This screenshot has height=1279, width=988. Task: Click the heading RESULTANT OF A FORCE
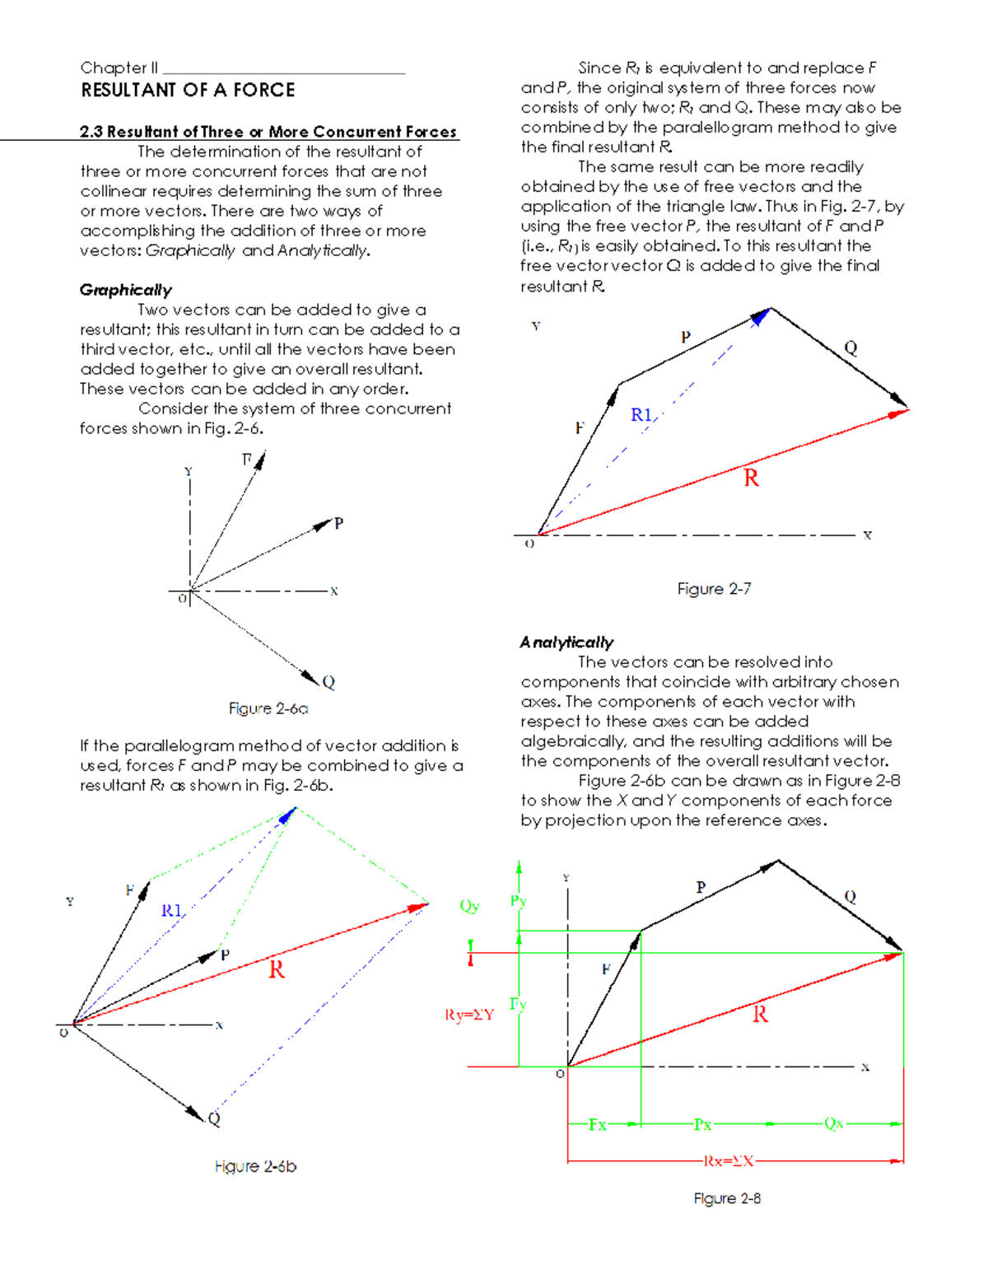pyautogui.click(x=188, y=90)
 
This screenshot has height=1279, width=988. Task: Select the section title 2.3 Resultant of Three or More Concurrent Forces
pyautogui.click(x=268, y=132)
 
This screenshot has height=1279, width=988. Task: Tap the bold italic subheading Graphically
pyautogui.click(x=126, y=290)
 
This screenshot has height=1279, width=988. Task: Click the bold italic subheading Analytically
pyautogui.click(x=566, y=642)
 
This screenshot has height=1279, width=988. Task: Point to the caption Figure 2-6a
pyautogui.click(x=268, y=708)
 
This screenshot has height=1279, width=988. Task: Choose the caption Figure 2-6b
pyautogui.click(x=255, y=1166)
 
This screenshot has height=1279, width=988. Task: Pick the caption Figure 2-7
pyautogui.click(x=714, y=589)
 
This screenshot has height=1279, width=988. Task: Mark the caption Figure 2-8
pyautogui.click(x=727, y=1198)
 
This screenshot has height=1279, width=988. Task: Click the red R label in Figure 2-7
pyautogui.click(x=751, y=478)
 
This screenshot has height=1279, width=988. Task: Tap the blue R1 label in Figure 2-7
pyautogui.click(x=641, y=415)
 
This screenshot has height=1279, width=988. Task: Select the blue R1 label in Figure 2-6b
pyautogui.click(x=171, y=910)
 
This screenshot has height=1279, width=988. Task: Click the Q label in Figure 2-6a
pyautogui.click(x=329, y=682)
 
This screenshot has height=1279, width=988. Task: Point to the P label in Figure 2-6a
pyautogui.click(x=338, y=524)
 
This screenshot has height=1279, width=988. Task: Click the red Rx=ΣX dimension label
pyautogui.click(x=728, y=1161)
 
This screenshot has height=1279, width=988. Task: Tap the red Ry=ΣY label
pyautogui.click(x=469, y=1015)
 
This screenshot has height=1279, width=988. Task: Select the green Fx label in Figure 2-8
pyautogui.click(x=597, y=1124)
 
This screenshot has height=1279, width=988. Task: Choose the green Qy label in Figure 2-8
pyautogui.click(x=469, y=906)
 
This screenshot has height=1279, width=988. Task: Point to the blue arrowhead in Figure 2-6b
pyautogui.click(x=287, y=815)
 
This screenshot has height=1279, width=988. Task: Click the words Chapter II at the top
pyautogui.click(x=119, y=68)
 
